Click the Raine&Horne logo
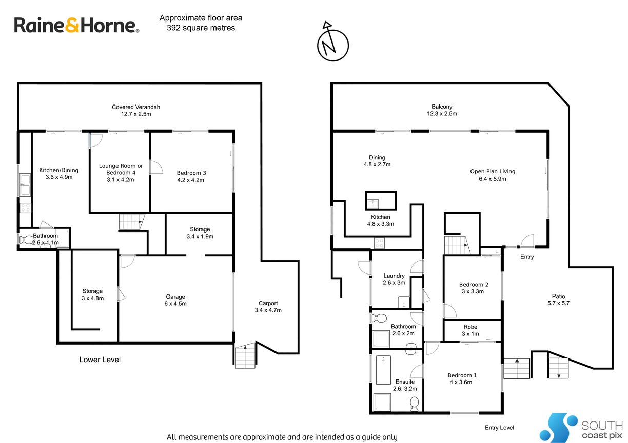click(76, 25)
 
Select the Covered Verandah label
click(136, 107)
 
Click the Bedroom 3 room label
click(191, 173)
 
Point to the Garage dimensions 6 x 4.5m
click(175, 304)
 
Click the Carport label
click(268, 303)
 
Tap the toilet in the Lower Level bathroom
click(27, 240)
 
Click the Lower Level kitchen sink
click(25, 184)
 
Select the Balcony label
click(442, 107)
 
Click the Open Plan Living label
click(493, 171)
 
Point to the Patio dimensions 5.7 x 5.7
click(558, 303)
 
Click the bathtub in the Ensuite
click(383, 370)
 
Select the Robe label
click(470, 327)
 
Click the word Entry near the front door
click(527, 257)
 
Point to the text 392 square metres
click(201, 28)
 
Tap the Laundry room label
click(394, 276)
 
